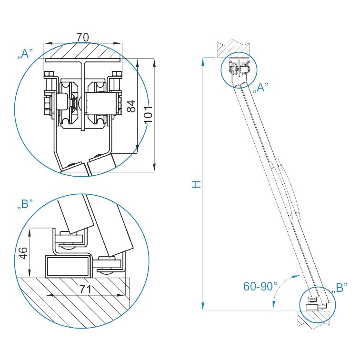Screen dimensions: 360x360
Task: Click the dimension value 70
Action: click(82, 38)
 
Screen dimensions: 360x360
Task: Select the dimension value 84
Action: click(131, 106)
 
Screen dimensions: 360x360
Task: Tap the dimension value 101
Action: click(148, 114)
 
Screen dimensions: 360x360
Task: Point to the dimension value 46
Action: click(23, 253)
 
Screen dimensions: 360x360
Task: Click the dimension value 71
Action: click(85, 290)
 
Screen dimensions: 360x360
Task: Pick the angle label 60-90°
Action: click(260, 286)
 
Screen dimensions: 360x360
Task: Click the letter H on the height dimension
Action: click(196, 184)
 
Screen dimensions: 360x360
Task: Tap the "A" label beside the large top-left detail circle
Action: click(26, 54)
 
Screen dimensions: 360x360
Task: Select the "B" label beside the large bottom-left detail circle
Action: click(26, 204)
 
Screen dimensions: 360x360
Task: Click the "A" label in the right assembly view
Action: click(260, 88)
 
